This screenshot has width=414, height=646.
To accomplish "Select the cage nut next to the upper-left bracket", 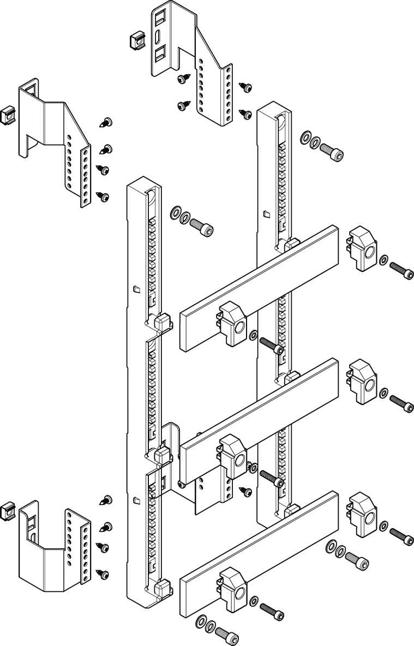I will pos(7,115).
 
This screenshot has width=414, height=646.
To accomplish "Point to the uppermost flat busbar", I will pos(260,287).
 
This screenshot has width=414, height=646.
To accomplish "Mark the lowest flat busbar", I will pos(260,552).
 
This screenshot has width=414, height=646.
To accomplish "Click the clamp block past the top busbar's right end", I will pos(362,248).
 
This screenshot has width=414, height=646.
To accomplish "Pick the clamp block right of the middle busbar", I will pos(362,381).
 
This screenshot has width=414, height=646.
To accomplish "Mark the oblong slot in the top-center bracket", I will pos(157,37).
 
